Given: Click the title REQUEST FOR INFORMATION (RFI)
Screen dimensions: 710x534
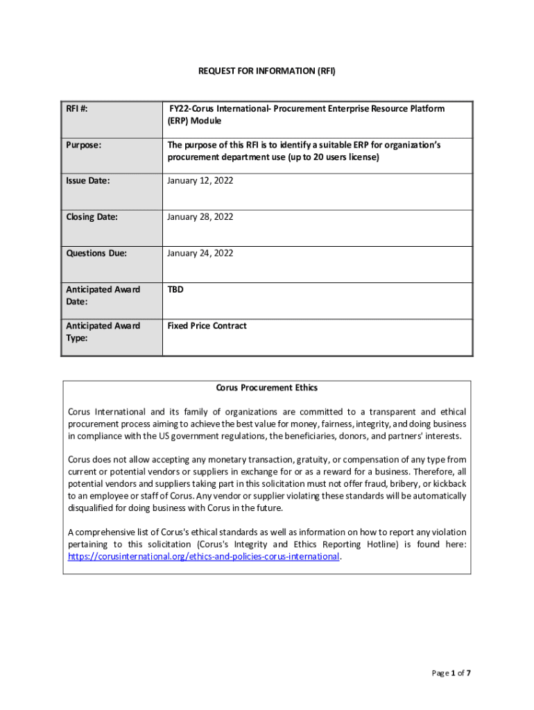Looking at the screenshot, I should pyautogui.click(x=266, y=71).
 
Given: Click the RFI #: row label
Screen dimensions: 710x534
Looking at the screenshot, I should pyautogui.click(x=81, y=109).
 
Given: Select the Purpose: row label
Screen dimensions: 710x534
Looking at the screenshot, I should pyautogui.click(x=84, y=145).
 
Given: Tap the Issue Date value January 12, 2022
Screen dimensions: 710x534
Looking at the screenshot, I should pyautogui.click(x=200, y=181).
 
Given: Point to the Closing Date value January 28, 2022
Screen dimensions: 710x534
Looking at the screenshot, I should pyautogui.click(x=200, y=217).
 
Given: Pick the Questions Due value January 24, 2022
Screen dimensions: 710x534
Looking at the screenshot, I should pyautogui.click(x=200, y=253).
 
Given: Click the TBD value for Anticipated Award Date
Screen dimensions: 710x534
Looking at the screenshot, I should pyautogui.click(x=175, y=289).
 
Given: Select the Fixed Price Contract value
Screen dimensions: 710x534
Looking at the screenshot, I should pyautogui.click(x=207, y=325).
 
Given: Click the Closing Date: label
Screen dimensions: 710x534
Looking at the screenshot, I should pyautogui.click(x=92, y=217).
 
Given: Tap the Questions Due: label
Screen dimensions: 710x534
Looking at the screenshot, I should pyautogui.click(x=96, y=253).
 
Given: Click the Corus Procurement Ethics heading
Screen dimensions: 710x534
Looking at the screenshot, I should pyautogui.click(x=267, y=388).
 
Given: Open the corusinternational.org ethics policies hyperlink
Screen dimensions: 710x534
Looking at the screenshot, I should pyautogui.click(x=203, y=556).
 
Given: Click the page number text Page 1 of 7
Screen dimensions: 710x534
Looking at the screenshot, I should pyautogui.click(x=451, y=673).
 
